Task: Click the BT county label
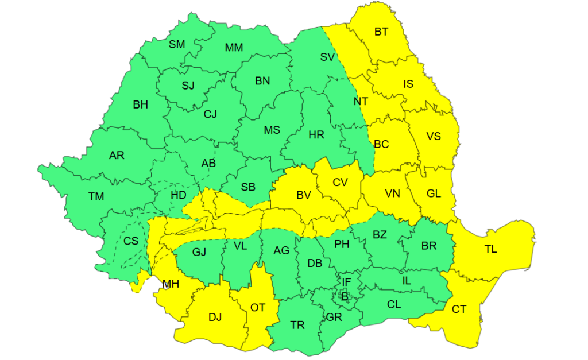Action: coord(381,32)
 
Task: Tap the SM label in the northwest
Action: coord(177,44)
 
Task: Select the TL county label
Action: coord(490,249)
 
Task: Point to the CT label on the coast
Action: coord(459,309)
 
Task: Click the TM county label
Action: coord(96,197)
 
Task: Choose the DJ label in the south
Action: coord(215,317)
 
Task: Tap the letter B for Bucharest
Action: coord(345,296)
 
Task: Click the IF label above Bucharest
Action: coord(346,282)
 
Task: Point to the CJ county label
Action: coord(210,114)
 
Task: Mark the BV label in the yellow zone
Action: coord(303,195)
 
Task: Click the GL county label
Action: coord(434,193)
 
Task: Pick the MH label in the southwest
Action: coord(171,284)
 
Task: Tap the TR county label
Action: coord(297,326)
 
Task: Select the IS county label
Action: coord(408,84)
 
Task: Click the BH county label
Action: coord(140,104)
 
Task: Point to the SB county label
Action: coord(248,187)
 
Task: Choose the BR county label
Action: coord(429,246)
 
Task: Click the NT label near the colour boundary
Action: coord(361,102)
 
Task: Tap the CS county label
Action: coord(131,241)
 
